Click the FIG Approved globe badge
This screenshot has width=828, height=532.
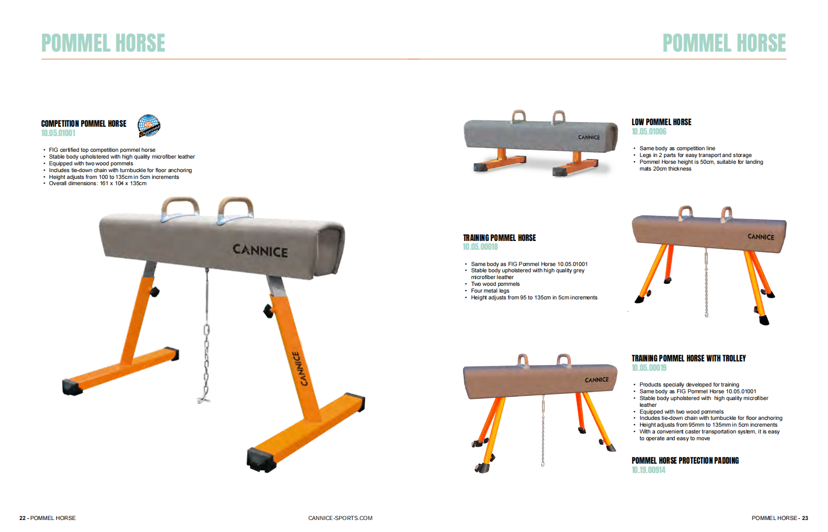point(149,126)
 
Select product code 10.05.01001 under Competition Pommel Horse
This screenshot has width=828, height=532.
point(58,134)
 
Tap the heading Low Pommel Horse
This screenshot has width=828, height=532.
point(661,122)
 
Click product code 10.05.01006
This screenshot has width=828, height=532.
point(649,131)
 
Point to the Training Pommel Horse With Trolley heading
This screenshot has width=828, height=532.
point(689,358)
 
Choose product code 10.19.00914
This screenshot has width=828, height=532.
point(649,470)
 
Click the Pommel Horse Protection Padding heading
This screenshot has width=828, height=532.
point(685,461)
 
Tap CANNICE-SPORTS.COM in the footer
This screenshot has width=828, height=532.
point(340,518)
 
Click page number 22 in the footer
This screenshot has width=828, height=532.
point(22,518)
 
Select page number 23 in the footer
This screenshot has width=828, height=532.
point(805,518)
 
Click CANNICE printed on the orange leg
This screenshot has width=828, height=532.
point(300,369)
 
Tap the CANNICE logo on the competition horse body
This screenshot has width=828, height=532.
point(260,250)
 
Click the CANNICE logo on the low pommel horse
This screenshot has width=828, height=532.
point(589,137)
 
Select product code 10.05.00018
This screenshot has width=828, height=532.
point(480,247)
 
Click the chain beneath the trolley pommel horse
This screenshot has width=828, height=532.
point(543,430)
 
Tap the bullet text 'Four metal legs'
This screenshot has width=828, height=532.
point(490,291)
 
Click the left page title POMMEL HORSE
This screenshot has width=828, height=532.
point(103,43)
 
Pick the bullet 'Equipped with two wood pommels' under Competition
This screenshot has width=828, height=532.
point(91,163)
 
